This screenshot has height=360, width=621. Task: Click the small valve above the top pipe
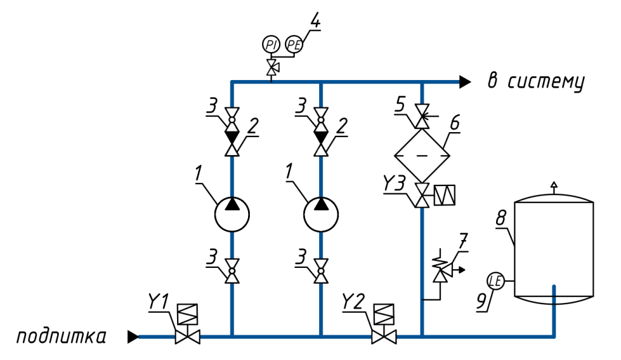coord(272,67)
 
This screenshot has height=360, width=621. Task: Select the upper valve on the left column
coord(232,120)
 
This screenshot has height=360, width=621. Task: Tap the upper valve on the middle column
coord(321,120)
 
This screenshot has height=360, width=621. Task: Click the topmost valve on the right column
coord(422,116)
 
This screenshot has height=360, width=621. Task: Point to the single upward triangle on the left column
coord(232,150)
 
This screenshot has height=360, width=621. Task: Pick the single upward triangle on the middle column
coord(321,150)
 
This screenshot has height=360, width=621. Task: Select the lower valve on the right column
coord(422,195)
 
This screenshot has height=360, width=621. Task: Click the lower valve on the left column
coord(232,271)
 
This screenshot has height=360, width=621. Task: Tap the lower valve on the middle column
coord(321,271)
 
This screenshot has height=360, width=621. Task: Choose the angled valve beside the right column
coord(443,273)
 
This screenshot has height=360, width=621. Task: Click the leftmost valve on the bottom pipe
coord(187,337)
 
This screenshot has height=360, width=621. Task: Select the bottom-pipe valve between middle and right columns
coord(384,337)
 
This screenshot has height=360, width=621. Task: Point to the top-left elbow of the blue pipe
coord(232,82)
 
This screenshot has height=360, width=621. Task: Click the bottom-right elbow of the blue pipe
coord(554,336)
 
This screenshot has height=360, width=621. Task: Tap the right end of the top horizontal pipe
coord(458,82)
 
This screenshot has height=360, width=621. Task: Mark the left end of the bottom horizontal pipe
coord(139,337)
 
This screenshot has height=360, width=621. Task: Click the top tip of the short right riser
coord(554,285)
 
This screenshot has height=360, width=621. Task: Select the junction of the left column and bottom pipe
coord(232,336)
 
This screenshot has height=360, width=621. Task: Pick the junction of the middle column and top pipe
coord(321,82)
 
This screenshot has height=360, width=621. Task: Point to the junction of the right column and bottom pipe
coord(422,336)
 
